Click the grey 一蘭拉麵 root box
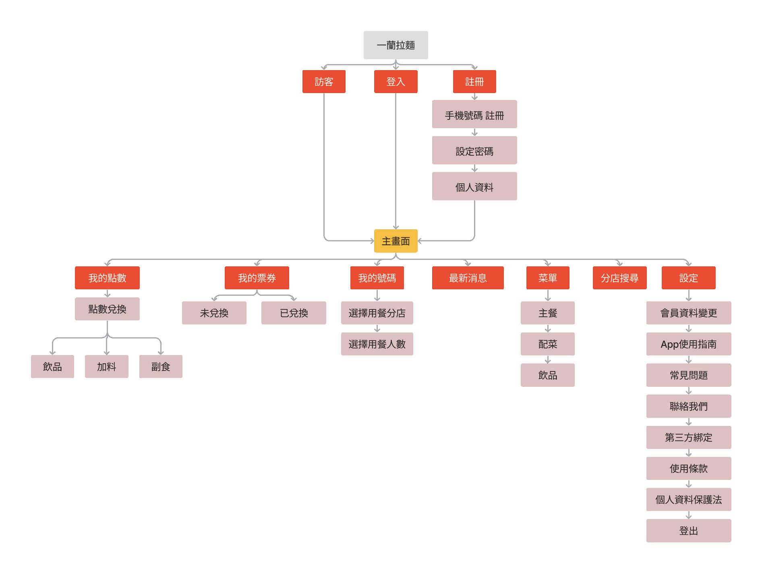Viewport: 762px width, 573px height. coord(395,45)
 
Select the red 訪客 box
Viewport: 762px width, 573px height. coord(324,81)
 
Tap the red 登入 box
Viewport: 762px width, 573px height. coord(395,81)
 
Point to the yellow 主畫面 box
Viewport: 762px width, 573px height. coord(395,241)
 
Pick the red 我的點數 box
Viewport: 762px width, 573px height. coord(107,278)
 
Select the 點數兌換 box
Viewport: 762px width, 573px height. coord(107,309)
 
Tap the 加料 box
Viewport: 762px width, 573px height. coord(106,366)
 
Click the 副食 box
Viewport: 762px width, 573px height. coord(161,366)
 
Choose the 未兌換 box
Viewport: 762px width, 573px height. coord(214,313)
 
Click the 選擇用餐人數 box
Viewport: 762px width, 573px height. coord(377,344)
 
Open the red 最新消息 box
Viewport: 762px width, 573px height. coord(468,278)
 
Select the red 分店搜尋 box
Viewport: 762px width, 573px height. coord(619,278)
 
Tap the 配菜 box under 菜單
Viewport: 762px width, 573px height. coord(547,344)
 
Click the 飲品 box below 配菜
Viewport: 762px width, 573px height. coord(547,375)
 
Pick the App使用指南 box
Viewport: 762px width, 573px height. coord(688,344)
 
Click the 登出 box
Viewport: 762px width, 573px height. coord(688,530)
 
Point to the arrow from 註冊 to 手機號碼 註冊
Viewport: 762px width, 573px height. coord(474,97)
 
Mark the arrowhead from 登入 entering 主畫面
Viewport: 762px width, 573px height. coord(395,226)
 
